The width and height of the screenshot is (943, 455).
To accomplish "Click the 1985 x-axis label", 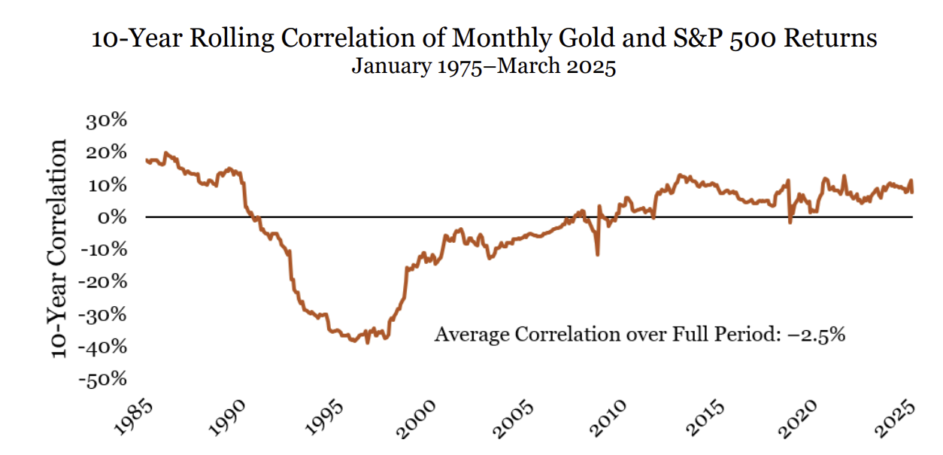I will point(135,419).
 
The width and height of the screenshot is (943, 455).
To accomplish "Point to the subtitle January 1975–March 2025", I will point(484,67).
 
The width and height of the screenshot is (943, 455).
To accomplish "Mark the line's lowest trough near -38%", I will point(368,342).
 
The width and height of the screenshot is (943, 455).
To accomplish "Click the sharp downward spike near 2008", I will point(598,254).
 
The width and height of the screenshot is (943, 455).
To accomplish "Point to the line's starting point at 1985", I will point(146,159).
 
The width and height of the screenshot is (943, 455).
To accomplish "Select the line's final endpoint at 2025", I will point(912,192).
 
